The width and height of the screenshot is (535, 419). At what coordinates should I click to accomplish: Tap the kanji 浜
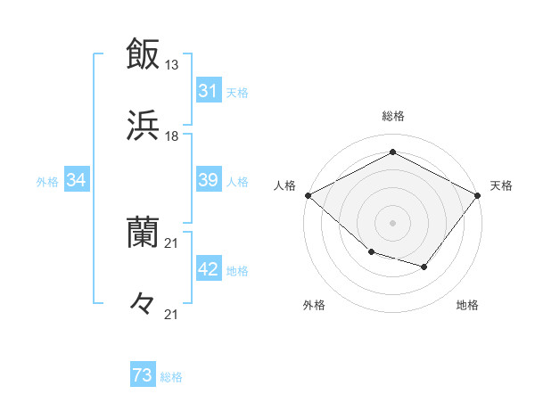[x=143, y=126]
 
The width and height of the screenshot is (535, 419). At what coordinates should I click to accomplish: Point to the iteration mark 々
[x=143, y=304]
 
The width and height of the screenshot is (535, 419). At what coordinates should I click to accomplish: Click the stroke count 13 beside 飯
[x=172, y=65]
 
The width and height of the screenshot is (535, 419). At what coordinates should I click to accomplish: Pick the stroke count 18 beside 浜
[x=172, y=136]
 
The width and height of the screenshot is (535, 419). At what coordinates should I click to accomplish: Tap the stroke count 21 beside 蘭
[x=172, y=243]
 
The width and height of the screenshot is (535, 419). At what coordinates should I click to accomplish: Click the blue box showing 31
[x=208, y=91]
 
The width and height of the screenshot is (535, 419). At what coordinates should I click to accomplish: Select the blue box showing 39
[x=208, y=180]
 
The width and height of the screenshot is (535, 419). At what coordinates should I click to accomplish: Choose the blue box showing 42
[x=208, y=269]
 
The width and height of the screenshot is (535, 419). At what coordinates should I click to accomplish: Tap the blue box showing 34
[x=76, y=180]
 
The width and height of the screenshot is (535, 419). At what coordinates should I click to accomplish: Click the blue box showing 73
[x=143, y=376]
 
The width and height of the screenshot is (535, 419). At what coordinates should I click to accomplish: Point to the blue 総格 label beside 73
[x=171, y=377]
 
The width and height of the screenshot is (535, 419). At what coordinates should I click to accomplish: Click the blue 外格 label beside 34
[x=47, y=181]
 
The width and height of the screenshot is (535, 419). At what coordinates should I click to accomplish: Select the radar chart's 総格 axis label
[x=393, y=116]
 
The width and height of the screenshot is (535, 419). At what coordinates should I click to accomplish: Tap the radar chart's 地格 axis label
[x=467, y=306]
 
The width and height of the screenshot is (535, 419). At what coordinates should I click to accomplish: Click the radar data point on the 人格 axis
[x=308, y=194]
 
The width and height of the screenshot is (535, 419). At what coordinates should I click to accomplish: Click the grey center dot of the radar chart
[x=393, y=222]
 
